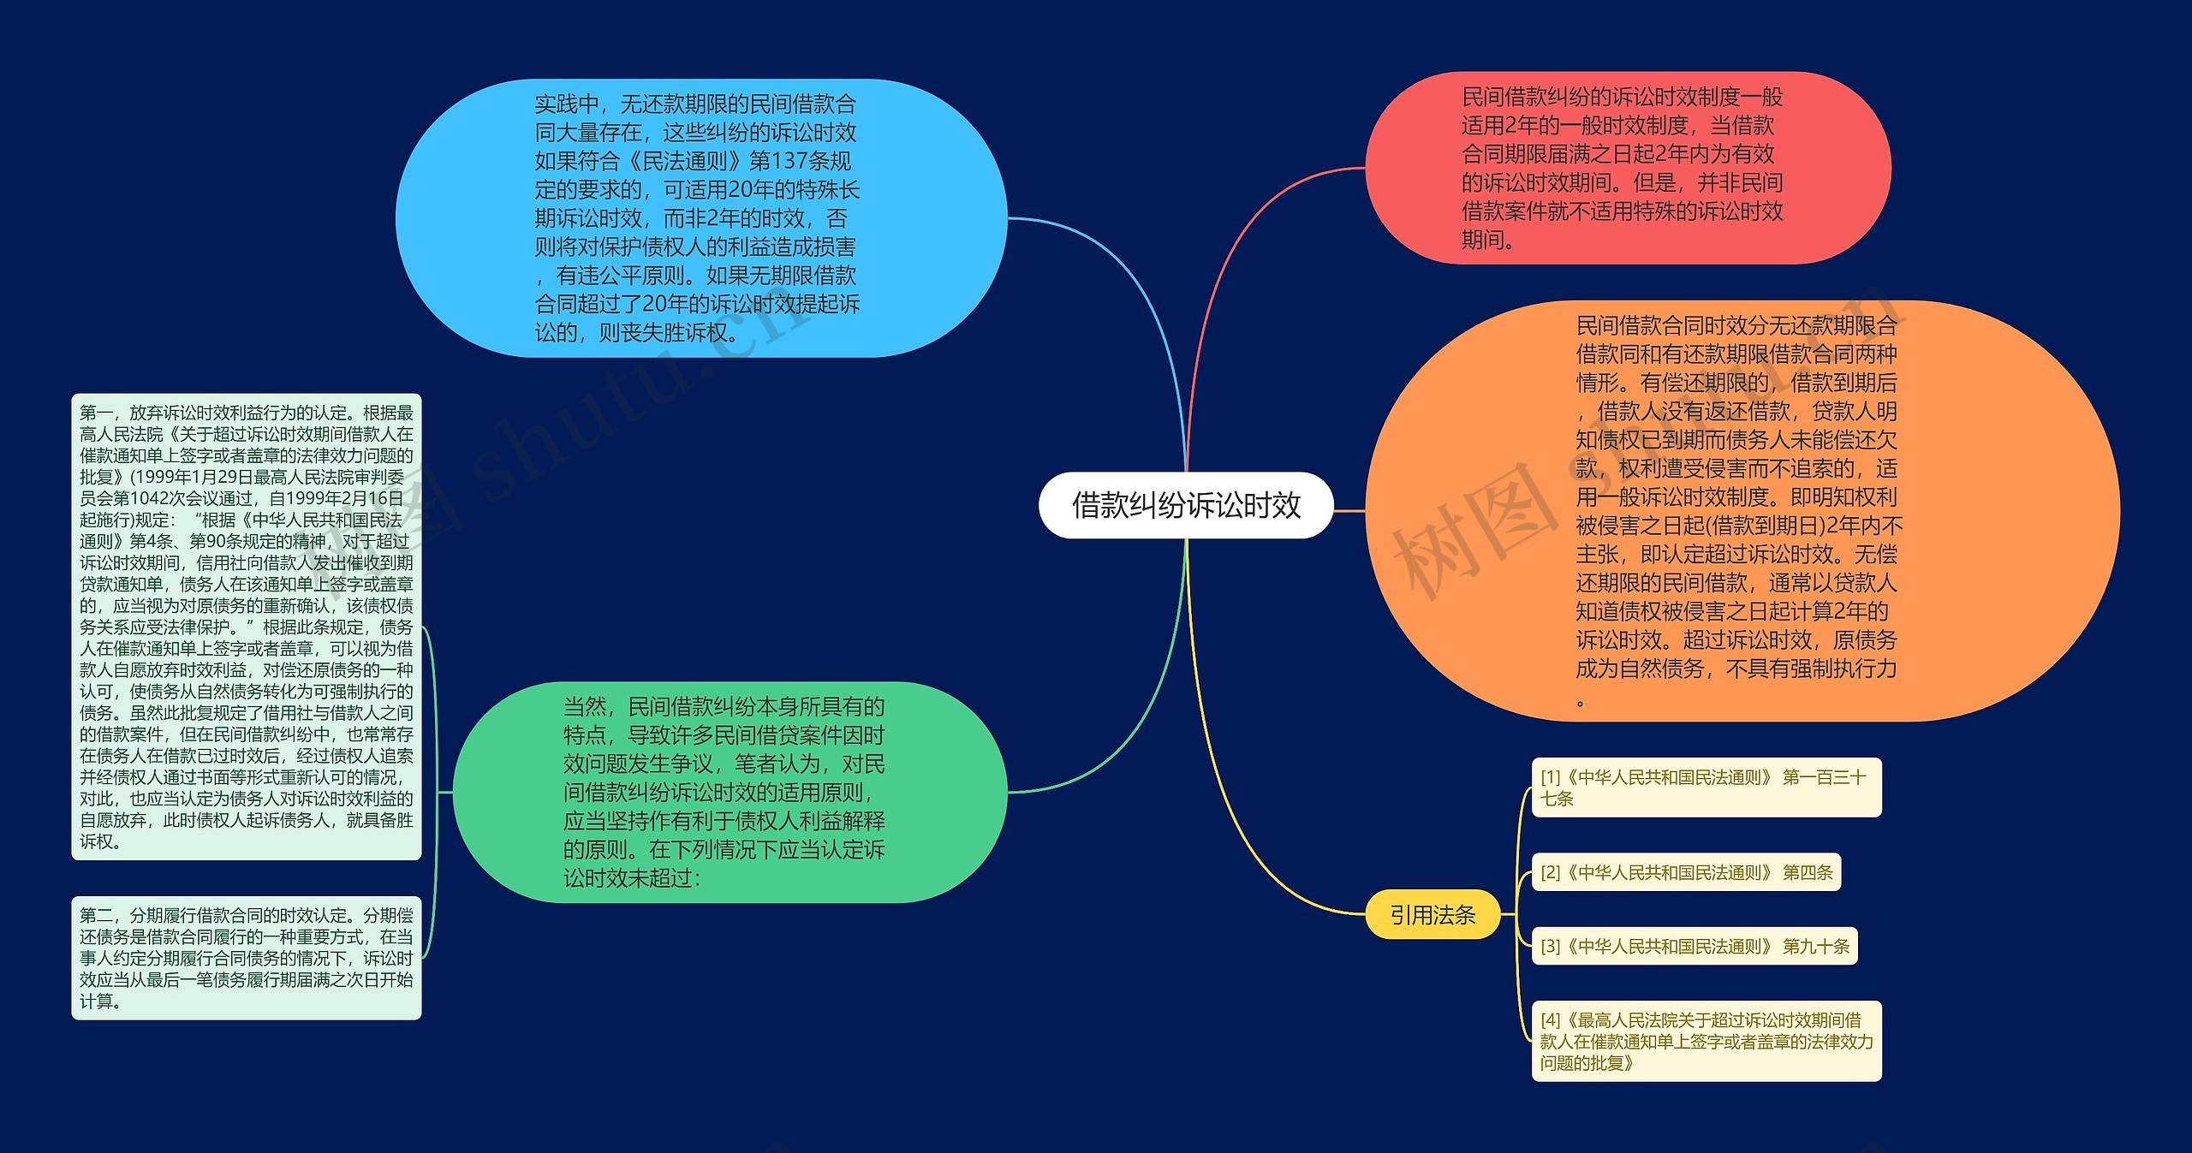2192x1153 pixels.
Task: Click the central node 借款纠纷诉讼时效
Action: pos(1186,505)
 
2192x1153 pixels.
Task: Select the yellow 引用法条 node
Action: pos(1433,915)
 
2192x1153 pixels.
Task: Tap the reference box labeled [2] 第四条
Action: pos(1686,872)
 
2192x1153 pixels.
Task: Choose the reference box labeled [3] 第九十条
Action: pos(1694,946)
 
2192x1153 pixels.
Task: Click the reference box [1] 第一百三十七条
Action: pos(1706,787)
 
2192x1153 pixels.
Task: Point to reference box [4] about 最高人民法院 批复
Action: pos(1706,1041)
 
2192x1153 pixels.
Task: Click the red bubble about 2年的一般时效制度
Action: pos(1627,168)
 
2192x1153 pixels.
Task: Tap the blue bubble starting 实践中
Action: pos(700,218)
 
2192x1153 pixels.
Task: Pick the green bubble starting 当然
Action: pos(728,792)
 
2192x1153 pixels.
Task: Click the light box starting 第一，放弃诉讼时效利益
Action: pos(247,627)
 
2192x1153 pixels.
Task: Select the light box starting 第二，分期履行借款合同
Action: pos(247,958)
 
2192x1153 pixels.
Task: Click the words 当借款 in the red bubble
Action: pos(1742,126)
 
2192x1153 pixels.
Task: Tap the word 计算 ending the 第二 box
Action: pos(97,1001)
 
